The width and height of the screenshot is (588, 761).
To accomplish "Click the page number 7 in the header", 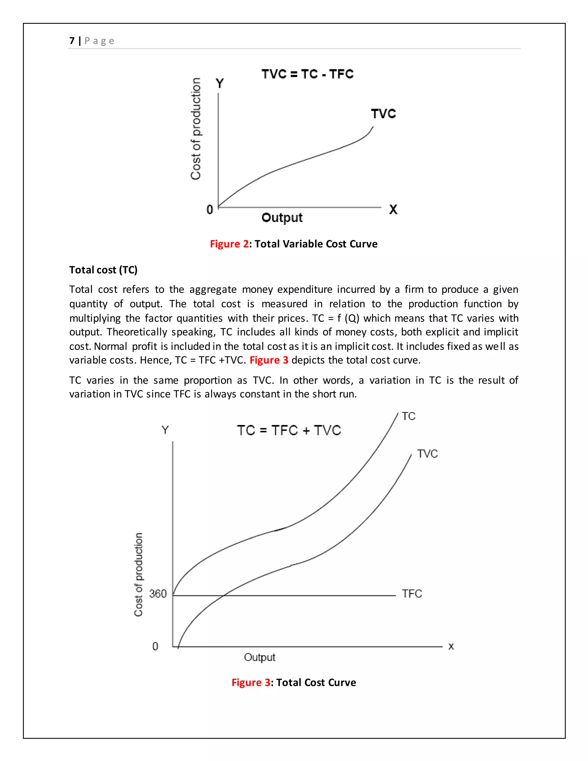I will tap(72, 41).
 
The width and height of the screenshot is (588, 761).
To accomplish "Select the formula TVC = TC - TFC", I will tap(307, 74).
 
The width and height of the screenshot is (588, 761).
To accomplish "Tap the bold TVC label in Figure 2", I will tap(383, 114).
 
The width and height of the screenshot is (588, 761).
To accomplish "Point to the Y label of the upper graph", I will tap(219, 84).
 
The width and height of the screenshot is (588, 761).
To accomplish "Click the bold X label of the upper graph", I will tap(393, 209).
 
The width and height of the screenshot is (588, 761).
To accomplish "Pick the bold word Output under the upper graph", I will tap(282, 217).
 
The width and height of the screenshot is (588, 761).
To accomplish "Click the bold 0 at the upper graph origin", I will tap(209, 209).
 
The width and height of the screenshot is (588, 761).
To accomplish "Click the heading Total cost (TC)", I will tap(103, 270).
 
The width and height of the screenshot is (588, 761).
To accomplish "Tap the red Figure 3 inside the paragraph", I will tap(269, 360).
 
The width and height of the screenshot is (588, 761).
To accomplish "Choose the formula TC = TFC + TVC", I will tap(289, 430).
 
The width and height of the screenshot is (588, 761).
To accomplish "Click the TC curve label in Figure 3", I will tap(408, 416).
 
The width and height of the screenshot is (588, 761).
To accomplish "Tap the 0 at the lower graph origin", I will tap(155, 646).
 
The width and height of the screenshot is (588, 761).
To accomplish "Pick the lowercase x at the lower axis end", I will tap(451, 646).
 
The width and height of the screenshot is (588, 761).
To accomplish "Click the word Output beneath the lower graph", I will tap(260, 657).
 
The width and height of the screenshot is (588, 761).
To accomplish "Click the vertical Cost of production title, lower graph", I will tap(138, 575).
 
